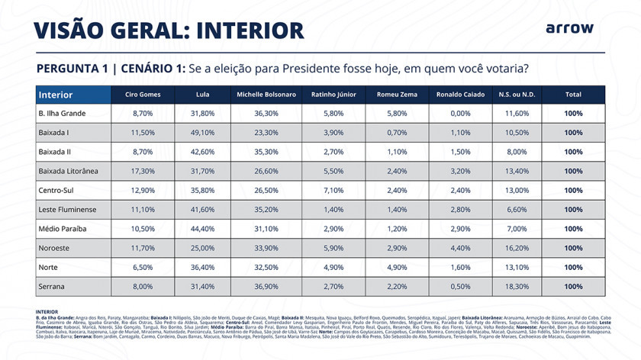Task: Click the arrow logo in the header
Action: pyautogui.click(x=569, y=28)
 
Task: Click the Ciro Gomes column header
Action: pyautogui.click(x=143, y=95)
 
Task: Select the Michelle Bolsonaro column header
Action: pyautogui.click(x=266, y=95)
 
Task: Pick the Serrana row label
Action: pyautogui.click(x=52, y=286)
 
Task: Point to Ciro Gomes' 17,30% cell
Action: pyautogui.click(x=143, y=171)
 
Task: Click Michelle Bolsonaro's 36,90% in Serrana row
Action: pyautogui.click(x=266, y=286)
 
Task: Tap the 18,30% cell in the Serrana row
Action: pyautogui.click(x=517, y=286)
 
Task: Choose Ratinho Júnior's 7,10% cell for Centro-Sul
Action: pyautogui.click(x=334, y=191)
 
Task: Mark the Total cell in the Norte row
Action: pyautogui.click(x=574, y=267)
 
